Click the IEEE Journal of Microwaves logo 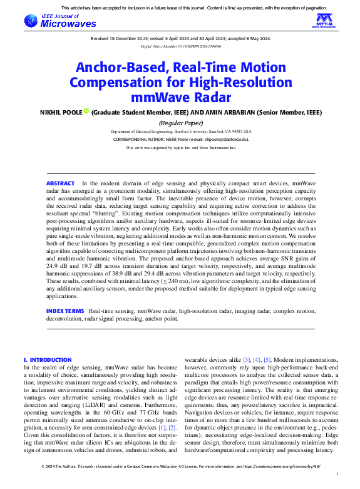tap(60, 21)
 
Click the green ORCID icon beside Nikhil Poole tap(86, 112)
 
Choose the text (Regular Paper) tap(180, 123)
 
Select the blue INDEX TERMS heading tap(64, 311)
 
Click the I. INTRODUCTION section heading tap(47, 360)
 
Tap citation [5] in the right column tap(267, 360)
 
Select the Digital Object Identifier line tap(180, 46)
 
